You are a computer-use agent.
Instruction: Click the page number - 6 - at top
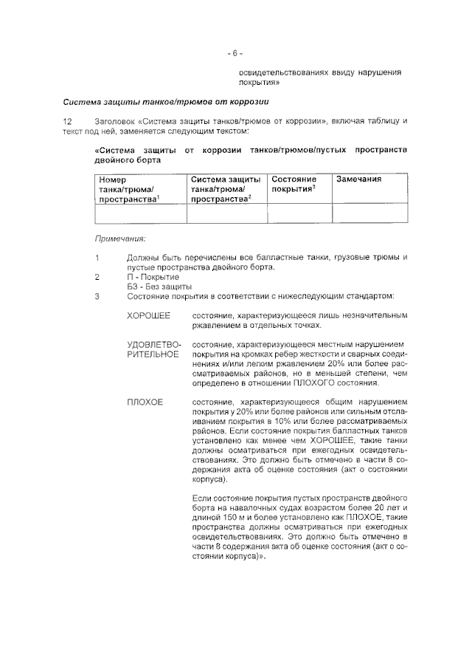tap(235, 53)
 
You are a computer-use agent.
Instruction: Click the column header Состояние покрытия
tap(294, 185)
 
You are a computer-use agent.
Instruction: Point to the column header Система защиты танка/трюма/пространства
tap(225, 189)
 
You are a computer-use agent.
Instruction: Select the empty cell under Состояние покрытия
tap(299, 213)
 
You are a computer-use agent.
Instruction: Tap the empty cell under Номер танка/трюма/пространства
tap(140, 213)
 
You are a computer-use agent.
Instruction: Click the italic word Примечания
tap(120, 239)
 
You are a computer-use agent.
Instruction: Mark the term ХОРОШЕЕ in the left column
tap(148, 316)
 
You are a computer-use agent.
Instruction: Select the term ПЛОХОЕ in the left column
tap(145, 402)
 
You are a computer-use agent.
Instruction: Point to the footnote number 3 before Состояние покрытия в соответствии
tap(97, 297)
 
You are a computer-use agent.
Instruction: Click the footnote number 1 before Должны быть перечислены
tap(97, 257)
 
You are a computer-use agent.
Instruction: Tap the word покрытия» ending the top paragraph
tap(257, 83)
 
